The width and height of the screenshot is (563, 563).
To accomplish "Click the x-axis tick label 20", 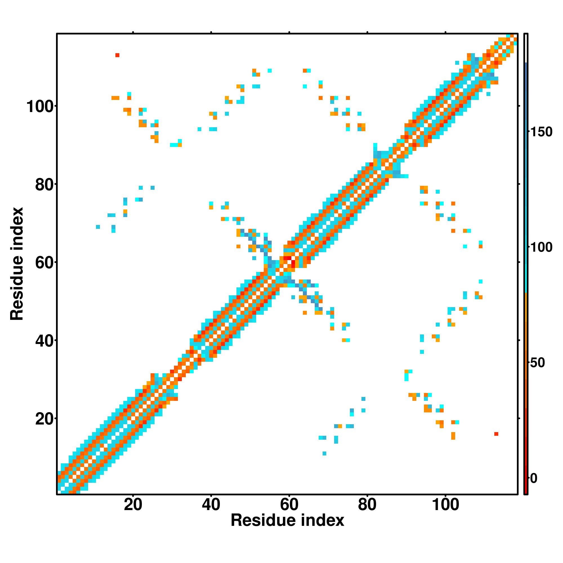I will (133, 505).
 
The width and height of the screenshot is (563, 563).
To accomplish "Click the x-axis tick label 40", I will (211, 505).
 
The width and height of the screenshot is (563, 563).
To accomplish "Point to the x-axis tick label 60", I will (289, 505).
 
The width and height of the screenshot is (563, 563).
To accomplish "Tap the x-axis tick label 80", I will (367, 505).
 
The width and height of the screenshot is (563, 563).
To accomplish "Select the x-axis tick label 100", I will (445, 505).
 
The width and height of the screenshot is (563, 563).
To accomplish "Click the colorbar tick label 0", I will (534, 478).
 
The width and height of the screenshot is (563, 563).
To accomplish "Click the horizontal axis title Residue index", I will (287, 520).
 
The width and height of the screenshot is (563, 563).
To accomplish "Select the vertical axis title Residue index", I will (17, 264).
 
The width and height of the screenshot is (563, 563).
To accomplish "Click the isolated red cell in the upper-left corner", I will (117, 55).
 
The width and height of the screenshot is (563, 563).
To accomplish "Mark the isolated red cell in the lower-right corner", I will (496, 434).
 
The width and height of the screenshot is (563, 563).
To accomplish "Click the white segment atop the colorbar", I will (526, 48).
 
